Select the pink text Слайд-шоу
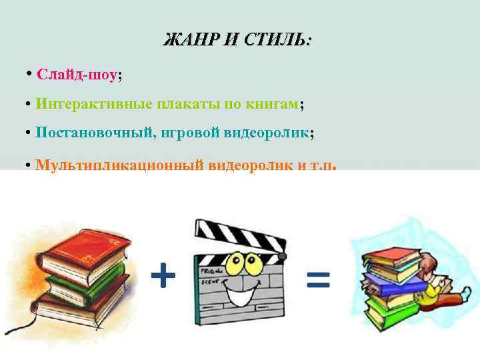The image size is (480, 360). [x=77, y=74]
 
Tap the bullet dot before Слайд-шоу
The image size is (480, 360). [x=29, y=73]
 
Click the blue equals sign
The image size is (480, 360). [x=318, y=279]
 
